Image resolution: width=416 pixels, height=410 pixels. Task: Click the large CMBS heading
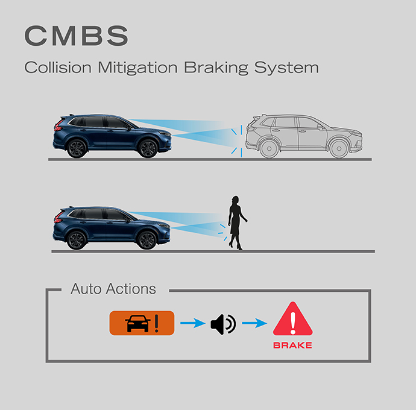coord(76,37)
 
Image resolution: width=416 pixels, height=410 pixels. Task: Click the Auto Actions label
coord(113,289)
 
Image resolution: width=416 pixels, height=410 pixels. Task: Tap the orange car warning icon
coord(142,324)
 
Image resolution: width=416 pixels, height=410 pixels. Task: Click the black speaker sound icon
coord(223,324)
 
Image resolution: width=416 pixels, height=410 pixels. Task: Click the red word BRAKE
coord(292,345)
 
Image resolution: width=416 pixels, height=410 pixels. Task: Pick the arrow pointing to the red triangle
coord(254,324)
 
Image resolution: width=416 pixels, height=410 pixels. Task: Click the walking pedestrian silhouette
coord(236,223)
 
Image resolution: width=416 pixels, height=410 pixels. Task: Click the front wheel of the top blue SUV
coord(147,148)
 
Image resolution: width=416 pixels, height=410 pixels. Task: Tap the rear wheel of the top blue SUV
coord(77,148)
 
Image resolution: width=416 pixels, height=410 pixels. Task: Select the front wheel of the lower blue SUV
coord(147,240)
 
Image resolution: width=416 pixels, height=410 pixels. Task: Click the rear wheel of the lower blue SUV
coord(77,240)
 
